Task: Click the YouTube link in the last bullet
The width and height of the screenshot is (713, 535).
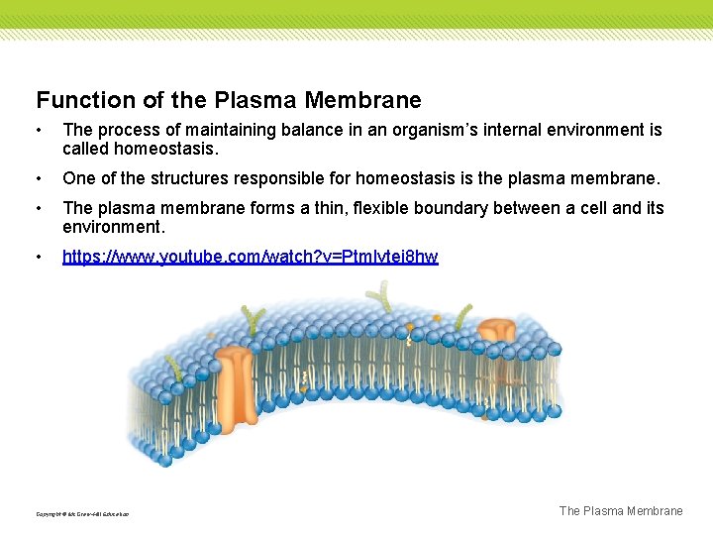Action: (250, 257)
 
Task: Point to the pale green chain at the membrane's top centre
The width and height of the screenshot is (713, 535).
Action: (377, 294)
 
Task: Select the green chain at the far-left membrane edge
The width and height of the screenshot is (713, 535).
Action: (174, 370)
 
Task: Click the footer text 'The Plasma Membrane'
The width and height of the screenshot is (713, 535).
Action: (621, 511)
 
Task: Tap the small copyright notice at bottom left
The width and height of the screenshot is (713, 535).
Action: (82, 514)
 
